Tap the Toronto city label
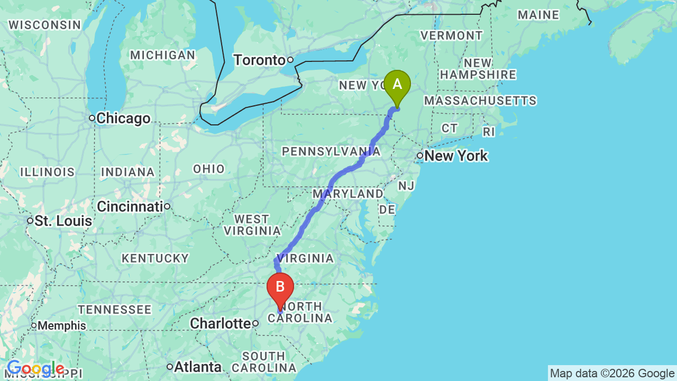[259, 60]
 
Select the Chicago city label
[123, 119]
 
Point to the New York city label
[456, 156]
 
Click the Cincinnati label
[129, 206]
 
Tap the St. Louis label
[63, 221]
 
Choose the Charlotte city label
[219, 323]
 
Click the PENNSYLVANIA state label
[331, 152]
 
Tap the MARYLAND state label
[347, 194]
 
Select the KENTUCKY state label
[155, 258]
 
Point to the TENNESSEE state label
[115, 309]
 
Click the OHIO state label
[209, 169]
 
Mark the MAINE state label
[538, 15]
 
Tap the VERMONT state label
[451, 35]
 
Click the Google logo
[35, 369]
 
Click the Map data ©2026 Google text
[612, 373]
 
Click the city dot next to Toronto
[290, 60]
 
